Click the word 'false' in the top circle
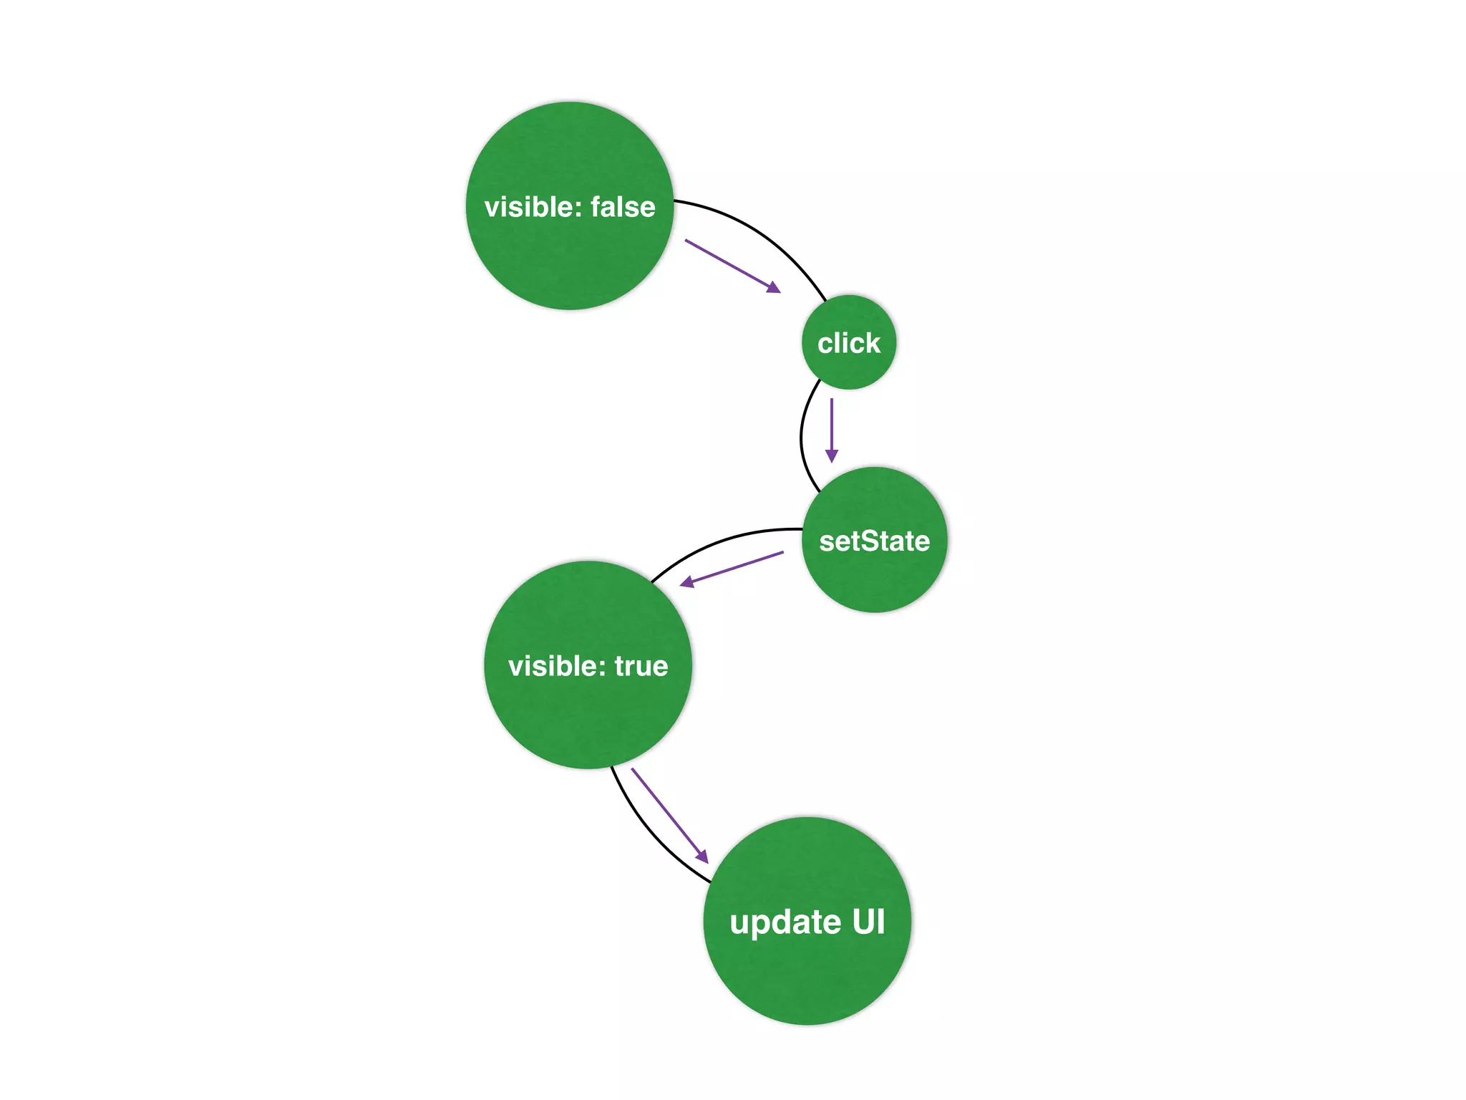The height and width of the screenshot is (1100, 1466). pos(623,207)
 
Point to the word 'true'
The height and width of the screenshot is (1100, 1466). pos(641,667)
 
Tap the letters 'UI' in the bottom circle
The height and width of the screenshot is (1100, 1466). pos(868,922)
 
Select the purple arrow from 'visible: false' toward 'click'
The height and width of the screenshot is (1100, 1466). pos(732,266)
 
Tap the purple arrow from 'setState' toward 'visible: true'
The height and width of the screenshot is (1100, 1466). pos(732,569)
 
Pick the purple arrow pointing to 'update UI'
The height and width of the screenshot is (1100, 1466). pos(669,814)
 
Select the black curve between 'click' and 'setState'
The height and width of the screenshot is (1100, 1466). pos(802,437)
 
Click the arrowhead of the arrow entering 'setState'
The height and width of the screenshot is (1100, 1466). pos(831,455)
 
